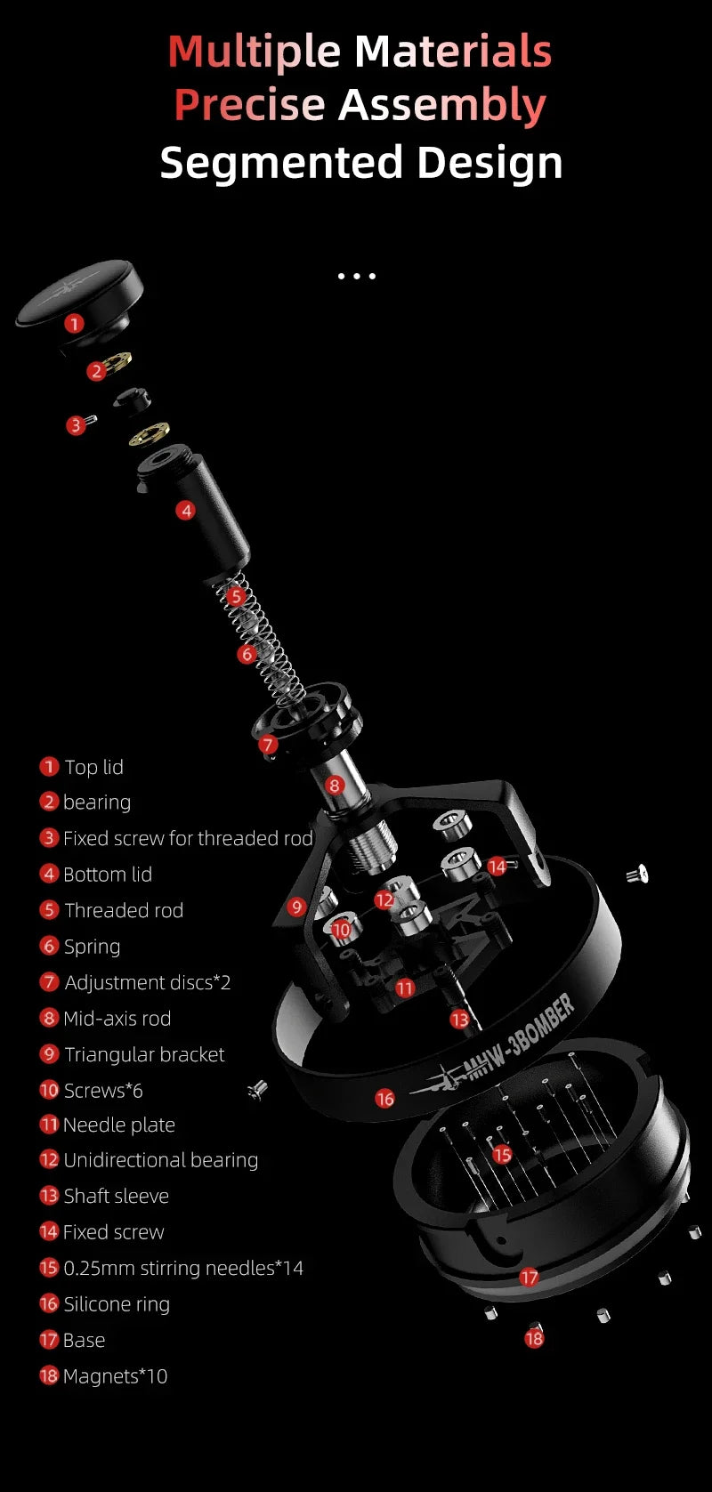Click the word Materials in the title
(x=453, y=51)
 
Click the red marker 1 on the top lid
(x=74, y=323)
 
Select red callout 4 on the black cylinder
(x=185, y=510)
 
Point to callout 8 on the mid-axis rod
(x=334, y=785)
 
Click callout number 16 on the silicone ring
(x=384, y=1099)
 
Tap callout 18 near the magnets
(x=534, y=1337)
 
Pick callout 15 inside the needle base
(x=502, y=1155)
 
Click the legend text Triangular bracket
(x=144, y=1054)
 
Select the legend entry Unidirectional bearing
(x=160, y=1160)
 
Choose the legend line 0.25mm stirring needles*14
(x=182, y=1268)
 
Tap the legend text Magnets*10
(x=115, y=1376)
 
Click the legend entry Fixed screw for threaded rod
(x=188, y=838)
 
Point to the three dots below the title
(x=356, y=276)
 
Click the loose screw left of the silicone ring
(x=258, y=1088)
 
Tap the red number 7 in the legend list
(x=49, y=982)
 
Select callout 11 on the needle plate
(x=405, y=988)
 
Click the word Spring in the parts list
(x=92, y=946)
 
